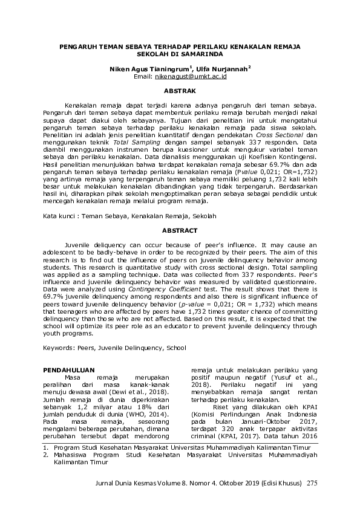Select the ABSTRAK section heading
[x=180, y=91]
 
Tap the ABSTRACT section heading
[x=180, y=230]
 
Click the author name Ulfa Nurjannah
[x=226, y=70]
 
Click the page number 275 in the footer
[x=312, y=483]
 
